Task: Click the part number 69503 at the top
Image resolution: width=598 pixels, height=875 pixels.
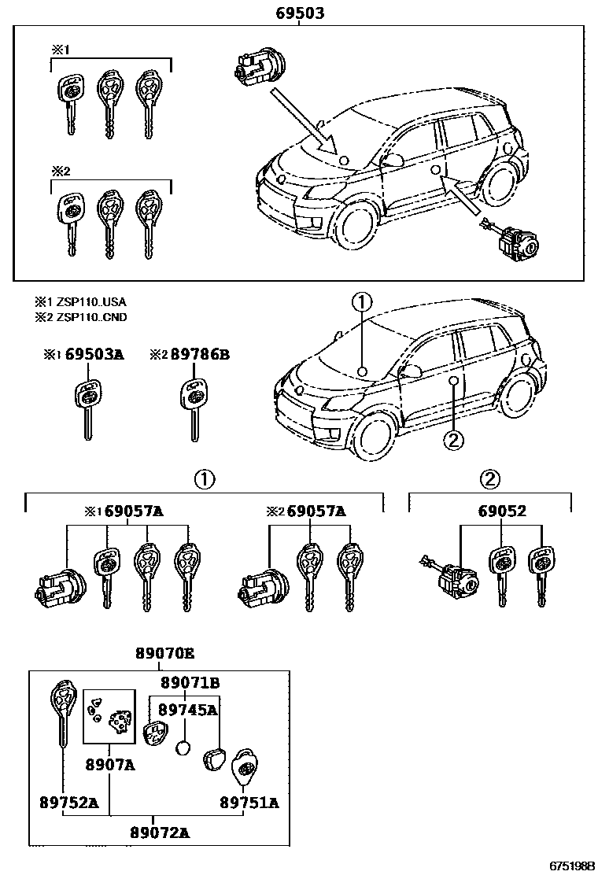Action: coord(301,13)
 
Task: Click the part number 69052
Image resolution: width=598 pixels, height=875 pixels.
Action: coord(502,511)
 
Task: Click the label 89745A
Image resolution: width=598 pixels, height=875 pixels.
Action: coord(187,709)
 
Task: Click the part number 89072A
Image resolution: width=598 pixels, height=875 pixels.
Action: coord(160,832)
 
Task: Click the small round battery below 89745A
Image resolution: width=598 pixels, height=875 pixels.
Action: coord(184,747)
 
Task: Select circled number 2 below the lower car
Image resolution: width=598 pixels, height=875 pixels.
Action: coord(454,440)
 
